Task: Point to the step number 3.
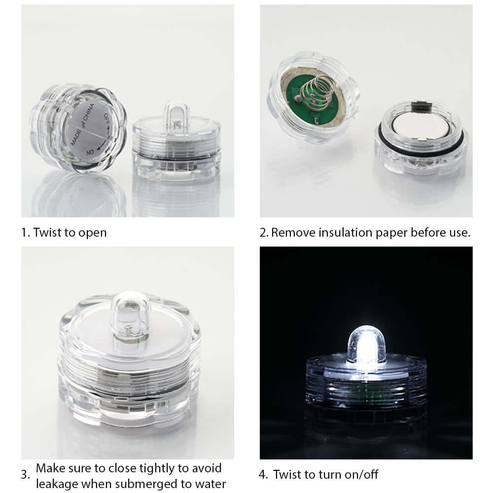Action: (x=25, y=475)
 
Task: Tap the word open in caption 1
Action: (x=92, y=232)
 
